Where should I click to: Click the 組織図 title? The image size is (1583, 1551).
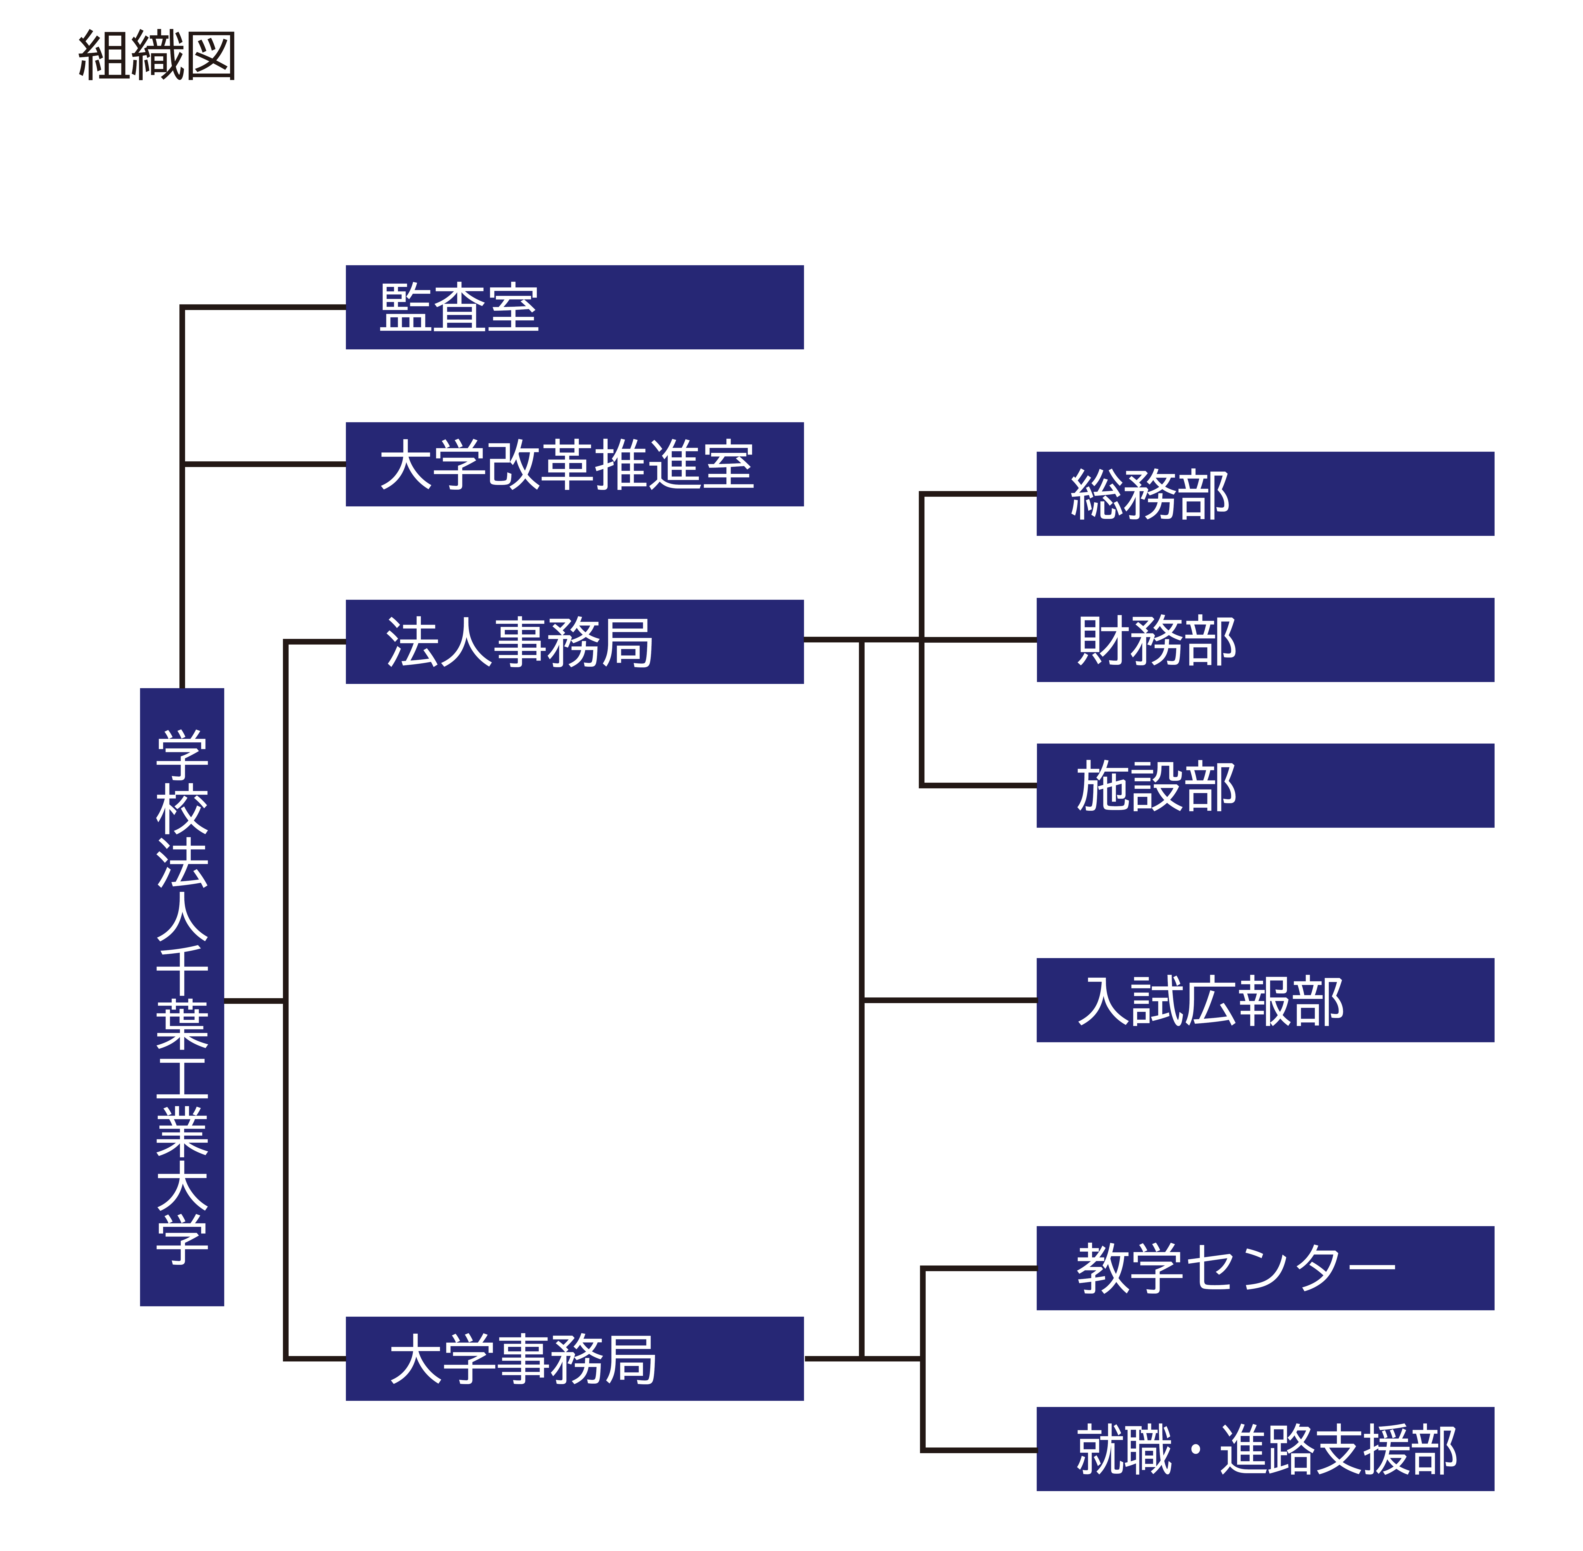pos(156,55)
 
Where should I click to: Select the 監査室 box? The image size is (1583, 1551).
pos(574,307)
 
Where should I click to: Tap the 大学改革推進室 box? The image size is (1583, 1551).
pos(574,464)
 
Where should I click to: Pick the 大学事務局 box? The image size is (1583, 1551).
pos(574,1359)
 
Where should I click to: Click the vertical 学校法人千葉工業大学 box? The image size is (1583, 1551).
pos(182,997)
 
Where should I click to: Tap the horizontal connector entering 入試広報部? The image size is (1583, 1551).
pos(949,1000)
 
